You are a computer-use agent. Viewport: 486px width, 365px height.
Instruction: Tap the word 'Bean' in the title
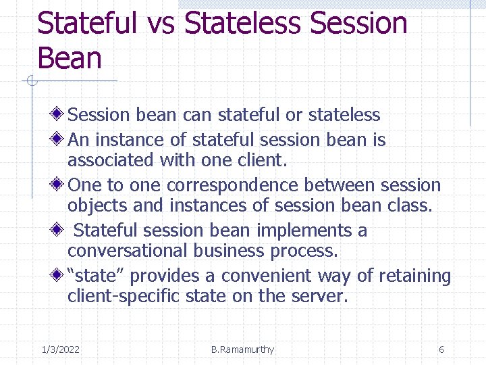point(70,58)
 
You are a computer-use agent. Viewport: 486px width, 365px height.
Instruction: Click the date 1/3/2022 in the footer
point(60,349)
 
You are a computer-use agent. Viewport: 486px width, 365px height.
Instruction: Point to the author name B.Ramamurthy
point(242,349)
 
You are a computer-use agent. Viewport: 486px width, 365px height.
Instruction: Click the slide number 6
point(441,349)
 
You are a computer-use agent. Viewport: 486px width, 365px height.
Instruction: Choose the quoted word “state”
point(99,276)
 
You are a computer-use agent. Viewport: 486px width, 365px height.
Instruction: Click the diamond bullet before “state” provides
point(60,276)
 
